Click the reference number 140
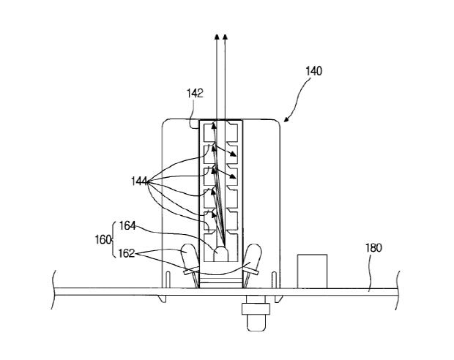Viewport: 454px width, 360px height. point(314,71)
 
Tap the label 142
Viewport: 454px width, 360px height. point(195,94)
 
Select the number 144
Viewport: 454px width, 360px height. point(139,181)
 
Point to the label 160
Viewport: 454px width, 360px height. point(103,239)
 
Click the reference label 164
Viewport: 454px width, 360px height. point(127,225)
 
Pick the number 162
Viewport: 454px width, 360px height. point(127,253)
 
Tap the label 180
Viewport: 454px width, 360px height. point(373,248)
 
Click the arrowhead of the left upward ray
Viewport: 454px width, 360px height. point(216,37)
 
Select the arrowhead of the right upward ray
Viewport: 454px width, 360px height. point(226,37)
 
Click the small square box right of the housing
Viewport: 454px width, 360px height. point(313,271)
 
